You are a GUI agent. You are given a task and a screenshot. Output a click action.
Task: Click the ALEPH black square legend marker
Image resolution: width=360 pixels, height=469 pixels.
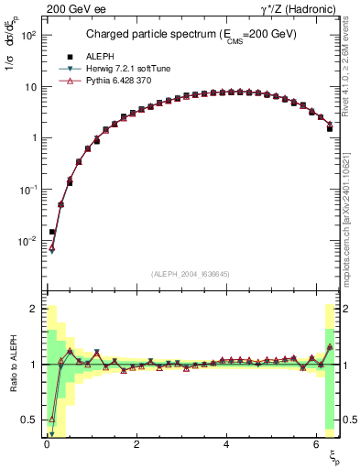point(69,57)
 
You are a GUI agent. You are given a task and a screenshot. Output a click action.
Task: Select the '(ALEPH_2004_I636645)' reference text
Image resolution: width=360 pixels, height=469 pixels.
point(191,274)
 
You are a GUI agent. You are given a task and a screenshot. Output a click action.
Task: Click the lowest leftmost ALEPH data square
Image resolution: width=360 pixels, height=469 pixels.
point(52,233)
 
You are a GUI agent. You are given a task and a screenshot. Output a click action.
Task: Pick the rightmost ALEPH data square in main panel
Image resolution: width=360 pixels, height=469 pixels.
point(329,129)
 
